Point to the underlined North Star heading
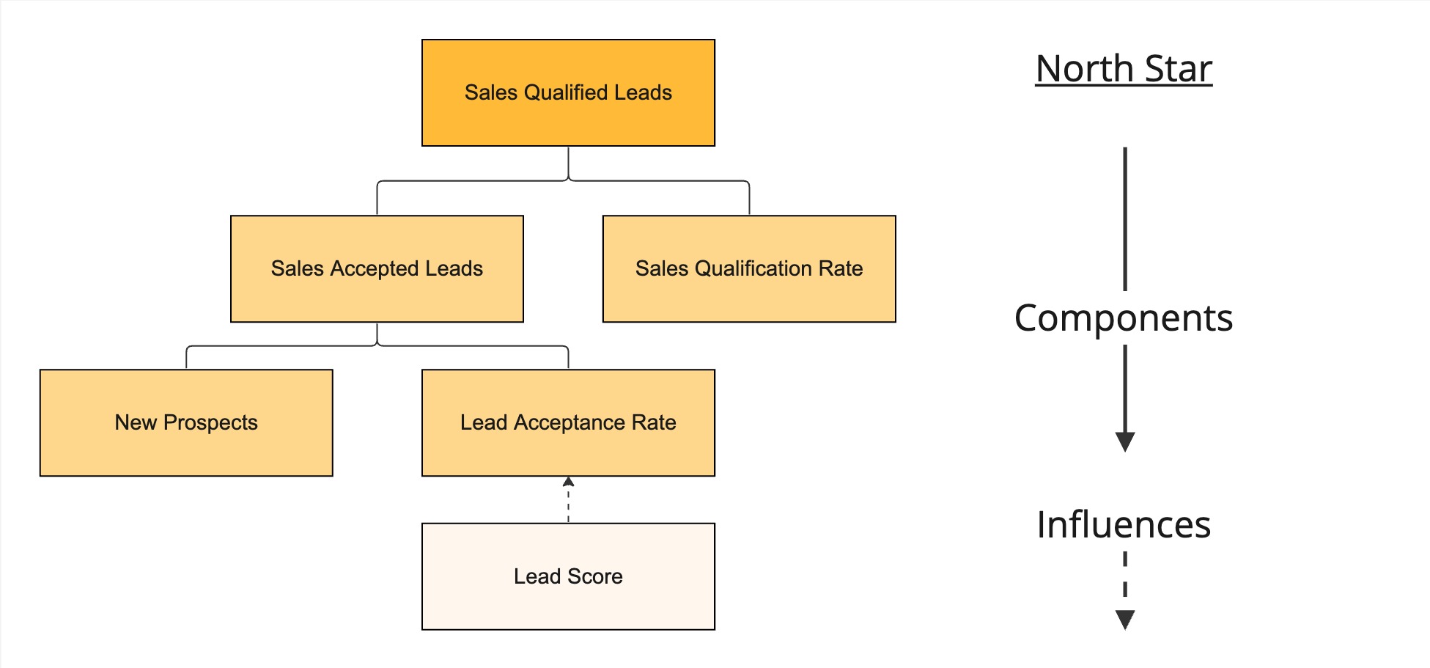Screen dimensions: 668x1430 tap(1124, 69)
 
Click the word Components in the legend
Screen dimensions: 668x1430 tap(1124, 318)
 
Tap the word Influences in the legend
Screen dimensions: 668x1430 tap(1124, 525)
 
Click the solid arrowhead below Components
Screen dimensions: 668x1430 tap(1125, 442)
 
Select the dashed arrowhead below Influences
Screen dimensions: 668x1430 tap(1125, 620)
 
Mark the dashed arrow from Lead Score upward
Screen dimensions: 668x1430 tap(568, 501)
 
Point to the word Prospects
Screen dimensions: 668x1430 tap(210, 423)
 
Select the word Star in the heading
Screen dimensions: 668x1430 tap(1179, 69)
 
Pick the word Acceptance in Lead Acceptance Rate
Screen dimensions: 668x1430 tap(570, 423)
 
